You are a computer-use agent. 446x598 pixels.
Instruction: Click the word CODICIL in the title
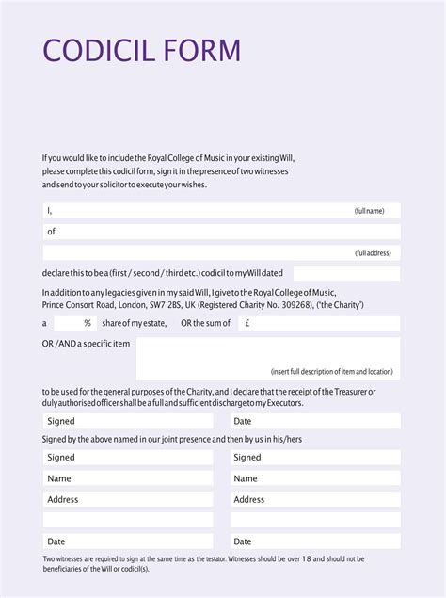click(100, 50)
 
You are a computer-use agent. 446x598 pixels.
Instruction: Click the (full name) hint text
click(369, 211)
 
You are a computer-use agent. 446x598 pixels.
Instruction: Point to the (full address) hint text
click(373, 253)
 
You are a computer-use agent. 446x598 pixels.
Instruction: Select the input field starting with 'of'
click(221, 232)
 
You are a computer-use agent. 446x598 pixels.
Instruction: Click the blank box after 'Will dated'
click(345, 273)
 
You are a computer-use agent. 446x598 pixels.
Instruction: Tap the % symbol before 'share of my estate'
click(88, 323)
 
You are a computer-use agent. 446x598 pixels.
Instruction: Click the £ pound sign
click(247, 323)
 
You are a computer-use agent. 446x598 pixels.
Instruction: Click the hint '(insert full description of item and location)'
click(331, 371)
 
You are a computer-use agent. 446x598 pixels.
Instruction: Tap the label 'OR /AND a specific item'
click(86, 344)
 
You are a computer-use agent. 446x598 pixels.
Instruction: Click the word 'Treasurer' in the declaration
click(345, 391)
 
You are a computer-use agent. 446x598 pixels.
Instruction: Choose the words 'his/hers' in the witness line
click(285, 439)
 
